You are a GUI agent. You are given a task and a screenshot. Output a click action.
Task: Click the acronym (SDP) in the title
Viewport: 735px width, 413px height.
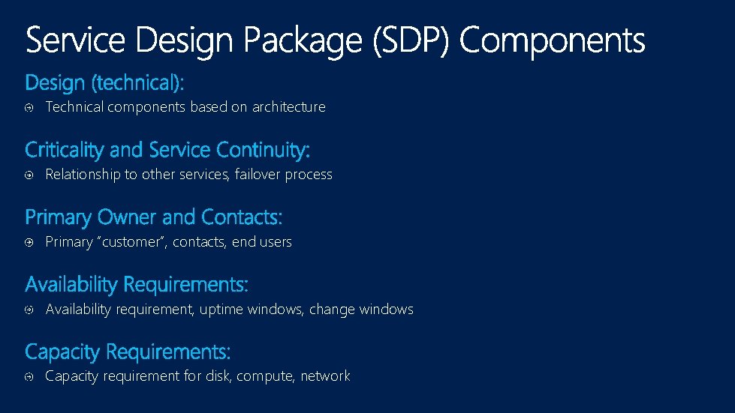click(x=411, y=40)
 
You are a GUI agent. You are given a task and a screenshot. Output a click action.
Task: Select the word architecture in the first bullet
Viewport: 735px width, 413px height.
click(x=288, y=107)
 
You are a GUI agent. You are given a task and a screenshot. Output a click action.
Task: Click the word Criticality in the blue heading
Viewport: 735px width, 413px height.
click(x=65, y=151)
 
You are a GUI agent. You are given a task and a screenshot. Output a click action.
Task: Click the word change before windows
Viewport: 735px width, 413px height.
click(x=331, y=310)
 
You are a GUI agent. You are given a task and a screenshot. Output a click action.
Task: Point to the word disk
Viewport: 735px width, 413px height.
click(x=218, y=376)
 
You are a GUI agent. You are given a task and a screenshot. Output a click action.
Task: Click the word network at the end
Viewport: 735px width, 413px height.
click(x=325, y=376)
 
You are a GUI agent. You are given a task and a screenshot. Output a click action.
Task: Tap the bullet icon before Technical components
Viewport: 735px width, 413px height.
click(x=29, y=108)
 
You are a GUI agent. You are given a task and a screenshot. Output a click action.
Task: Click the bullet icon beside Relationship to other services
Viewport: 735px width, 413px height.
click(x=29, y=175)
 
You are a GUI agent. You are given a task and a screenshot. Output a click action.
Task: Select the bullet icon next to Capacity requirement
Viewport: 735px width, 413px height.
click(x=29, y=377)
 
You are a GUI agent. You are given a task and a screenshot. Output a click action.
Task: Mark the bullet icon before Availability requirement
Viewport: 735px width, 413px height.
click(x=29, y=310)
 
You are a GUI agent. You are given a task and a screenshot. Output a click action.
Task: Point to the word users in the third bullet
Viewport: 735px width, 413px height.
click(x=274, y=242)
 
